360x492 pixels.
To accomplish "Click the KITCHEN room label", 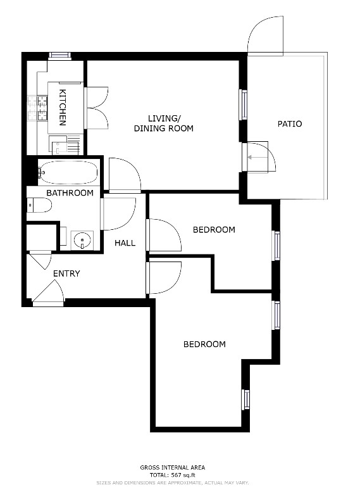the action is tap(63, 108).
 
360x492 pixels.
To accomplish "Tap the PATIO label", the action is tap(290, 123).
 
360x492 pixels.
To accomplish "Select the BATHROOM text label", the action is tap(70, 192).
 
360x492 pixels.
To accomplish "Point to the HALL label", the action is tap(125, 243).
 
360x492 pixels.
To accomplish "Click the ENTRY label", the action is tap(66, 274).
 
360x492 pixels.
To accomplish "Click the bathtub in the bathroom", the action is tap(68, 172).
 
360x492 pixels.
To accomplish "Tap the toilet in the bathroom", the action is tap(39, 205).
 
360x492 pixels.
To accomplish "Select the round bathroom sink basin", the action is tap(82, 241).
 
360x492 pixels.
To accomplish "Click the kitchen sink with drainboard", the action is tap(65, 145).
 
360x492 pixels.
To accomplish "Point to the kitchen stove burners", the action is tap(37, 108).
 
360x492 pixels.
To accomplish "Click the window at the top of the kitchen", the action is tap(60, 56).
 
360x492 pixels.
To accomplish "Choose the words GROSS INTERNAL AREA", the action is tap(173, 467).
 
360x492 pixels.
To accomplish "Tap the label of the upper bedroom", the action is tap(214, 230).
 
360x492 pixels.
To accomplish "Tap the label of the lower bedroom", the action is tap(204, 344).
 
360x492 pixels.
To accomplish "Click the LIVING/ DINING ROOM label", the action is tap(164, 123).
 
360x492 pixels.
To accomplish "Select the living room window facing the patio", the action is tap(244, 104).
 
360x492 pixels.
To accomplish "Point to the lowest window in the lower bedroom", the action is tap(245, 400).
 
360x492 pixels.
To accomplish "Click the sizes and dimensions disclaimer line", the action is tap(173, 483).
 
